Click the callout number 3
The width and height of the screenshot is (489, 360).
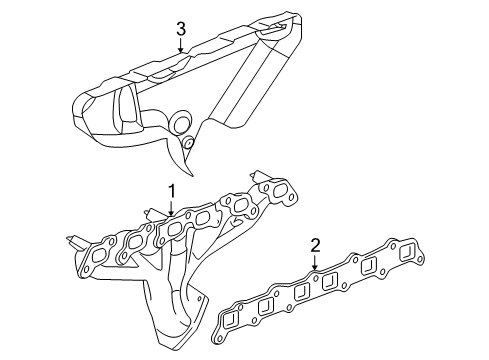181,30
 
